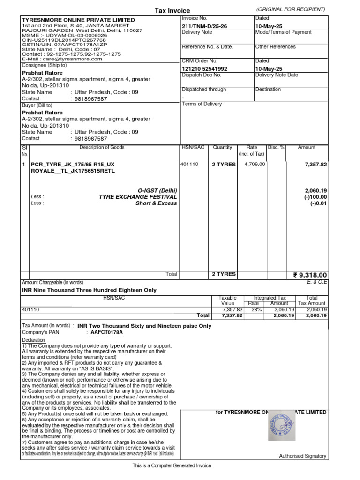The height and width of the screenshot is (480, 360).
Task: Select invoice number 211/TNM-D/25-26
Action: (x=204, y=26)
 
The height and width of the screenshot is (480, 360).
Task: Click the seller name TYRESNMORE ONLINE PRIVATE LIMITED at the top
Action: (x=78, y=20)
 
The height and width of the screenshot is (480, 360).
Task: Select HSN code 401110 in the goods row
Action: (x=189, y=165)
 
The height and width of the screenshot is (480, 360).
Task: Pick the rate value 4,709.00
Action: (x=255, y=165)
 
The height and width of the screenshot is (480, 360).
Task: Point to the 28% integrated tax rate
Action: (x=255, y=310)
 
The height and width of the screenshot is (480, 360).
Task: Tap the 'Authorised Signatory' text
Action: (x=302, y=456)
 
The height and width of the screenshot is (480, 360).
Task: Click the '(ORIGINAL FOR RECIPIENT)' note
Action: (x=291, y=9)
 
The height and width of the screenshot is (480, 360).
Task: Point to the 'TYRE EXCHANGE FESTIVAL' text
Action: (x=138, y=197)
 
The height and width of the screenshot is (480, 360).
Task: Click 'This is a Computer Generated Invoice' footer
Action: (x=172, y=465)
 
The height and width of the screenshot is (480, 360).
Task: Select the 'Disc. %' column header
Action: (x=276, y=147)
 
